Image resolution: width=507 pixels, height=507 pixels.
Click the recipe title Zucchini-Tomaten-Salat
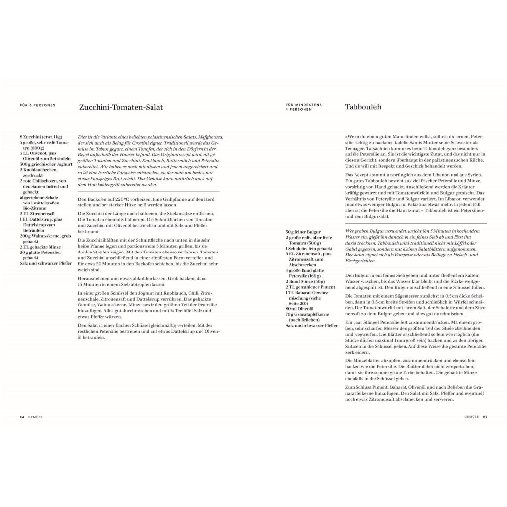(x=121, y=107)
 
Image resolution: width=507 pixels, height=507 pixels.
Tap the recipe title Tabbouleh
(x=363, y=107)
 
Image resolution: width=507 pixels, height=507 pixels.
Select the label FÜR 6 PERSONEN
(x=38, y=105)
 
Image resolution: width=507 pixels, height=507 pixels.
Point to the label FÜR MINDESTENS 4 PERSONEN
(x=304, y=107)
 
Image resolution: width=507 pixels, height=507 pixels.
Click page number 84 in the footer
(x=22, y=417)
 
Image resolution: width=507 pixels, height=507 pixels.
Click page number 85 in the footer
(x=485, y=417)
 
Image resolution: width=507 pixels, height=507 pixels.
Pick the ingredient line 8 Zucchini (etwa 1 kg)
(x=41, y=137)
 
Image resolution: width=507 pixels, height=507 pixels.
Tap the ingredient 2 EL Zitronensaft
(x=38, y=214)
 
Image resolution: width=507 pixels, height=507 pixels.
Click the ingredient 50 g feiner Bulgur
(x=303, y=232)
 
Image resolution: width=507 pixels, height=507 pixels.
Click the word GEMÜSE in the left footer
(x=35, y=417)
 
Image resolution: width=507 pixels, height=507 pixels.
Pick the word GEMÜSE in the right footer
(x=471, y=417)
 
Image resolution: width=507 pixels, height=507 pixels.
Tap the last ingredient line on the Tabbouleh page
(x=311, y=325)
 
